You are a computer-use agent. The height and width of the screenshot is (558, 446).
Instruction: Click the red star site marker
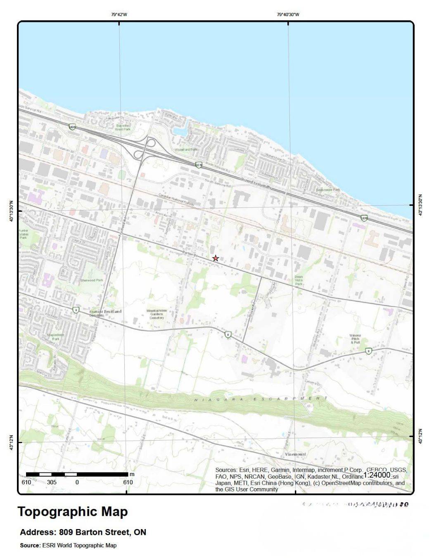tap(215, 258)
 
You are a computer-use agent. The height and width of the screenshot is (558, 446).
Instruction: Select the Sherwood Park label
tap(92, 280)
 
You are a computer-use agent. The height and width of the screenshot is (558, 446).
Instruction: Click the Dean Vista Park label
tap(299, 280)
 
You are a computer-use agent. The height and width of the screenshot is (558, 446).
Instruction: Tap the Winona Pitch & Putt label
tap(355, 339)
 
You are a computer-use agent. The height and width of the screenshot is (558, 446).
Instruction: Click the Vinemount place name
tap(296, 454)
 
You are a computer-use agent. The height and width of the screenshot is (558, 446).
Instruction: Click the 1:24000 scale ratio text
tap(377, 475)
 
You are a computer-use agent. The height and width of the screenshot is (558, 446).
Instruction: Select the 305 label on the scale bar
tap(52, 482)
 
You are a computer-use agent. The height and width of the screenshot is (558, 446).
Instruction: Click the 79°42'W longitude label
tap(119, 14)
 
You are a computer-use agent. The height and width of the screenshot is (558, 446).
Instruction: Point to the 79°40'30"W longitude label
tap(288, 14)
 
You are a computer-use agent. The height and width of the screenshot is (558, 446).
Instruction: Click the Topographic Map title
tap(73, 512)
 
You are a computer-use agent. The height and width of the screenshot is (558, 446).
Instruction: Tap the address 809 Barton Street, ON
tap(83, 532)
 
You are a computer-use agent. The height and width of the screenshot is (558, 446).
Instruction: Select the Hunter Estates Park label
tap(23, 234)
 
